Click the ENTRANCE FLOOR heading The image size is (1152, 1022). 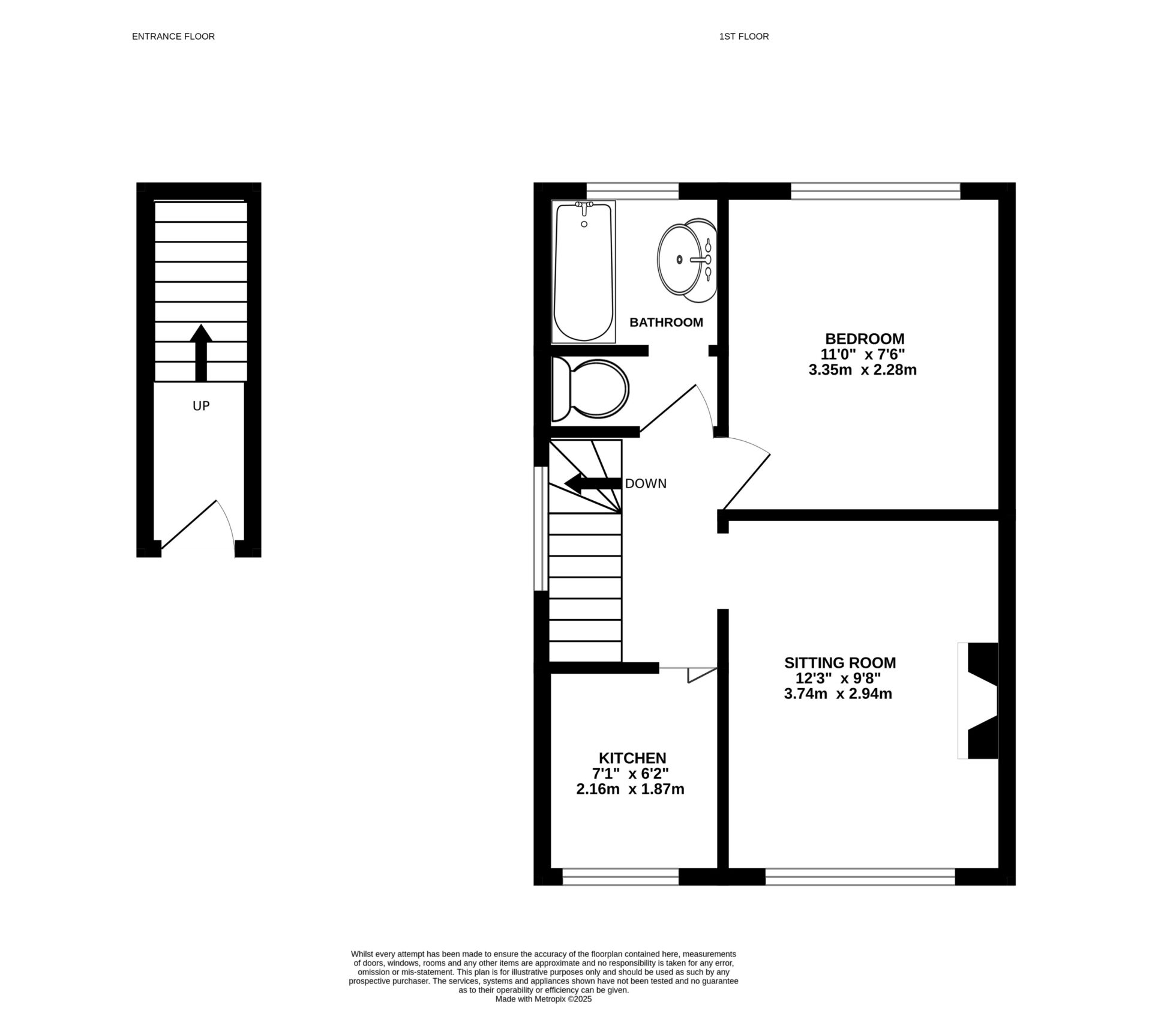(x=173, y=37)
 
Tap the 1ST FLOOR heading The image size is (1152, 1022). (x=743, y=37)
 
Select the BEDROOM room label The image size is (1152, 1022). (x=864, y=339)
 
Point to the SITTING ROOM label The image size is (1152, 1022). (x=839, y=663)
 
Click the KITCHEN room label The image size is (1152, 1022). (x=632, y=758)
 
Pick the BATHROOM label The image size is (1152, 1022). (x=665, y=322)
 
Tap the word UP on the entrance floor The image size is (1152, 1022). (x=201, y=406)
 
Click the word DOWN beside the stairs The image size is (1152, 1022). (x=646, y=483)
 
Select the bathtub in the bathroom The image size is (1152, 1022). (x=584, y=276)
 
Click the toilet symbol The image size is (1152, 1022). (x=590, y=389)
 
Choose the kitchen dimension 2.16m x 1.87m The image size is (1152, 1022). (x=630, y=789)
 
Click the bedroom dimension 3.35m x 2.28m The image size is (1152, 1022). (x=862, y=370)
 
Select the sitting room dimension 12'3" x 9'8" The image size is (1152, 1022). (x=838, y=679)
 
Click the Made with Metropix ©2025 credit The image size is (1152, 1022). (x=543, y=999)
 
